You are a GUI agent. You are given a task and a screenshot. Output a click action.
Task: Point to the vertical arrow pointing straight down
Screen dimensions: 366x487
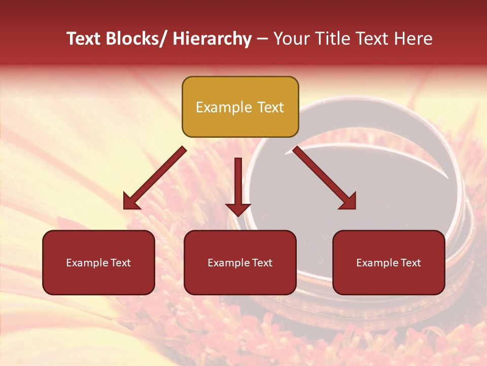coord(238,183)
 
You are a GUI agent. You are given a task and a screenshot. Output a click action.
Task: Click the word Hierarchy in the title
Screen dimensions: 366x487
coord(212,39)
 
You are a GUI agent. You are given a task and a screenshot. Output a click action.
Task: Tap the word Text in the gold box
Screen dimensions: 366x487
coord(270,107)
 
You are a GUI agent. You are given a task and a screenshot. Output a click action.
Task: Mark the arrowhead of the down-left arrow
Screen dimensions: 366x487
coord(131,202)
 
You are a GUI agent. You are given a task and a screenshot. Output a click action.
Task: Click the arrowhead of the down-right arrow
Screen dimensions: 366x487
coord(348,202)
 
